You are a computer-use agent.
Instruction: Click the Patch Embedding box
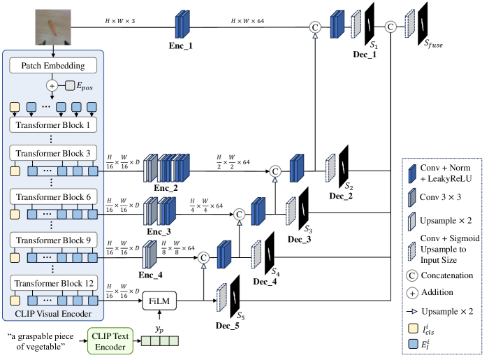tap(53, 66)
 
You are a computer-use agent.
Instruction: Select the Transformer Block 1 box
tap(53, 126)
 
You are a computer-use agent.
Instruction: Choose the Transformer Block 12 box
tap(53, 285)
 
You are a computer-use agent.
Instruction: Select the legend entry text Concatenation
tap(448, 275)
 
